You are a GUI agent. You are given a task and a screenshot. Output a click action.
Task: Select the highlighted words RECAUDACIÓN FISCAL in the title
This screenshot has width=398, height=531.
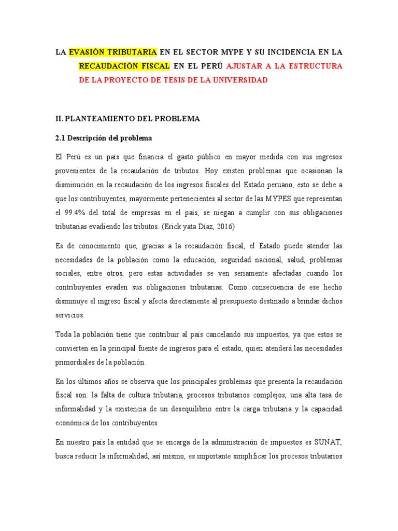click(124, 66)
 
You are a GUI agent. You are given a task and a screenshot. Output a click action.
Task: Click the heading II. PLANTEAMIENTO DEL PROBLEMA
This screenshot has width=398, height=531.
click(127, 119)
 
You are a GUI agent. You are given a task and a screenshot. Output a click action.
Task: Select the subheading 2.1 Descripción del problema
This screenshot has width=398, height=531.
click(103, 139)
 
